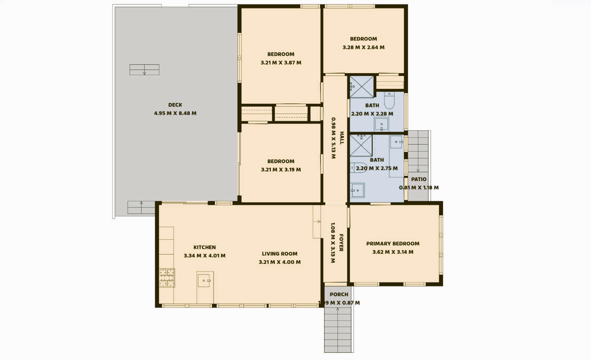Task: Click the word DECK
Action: click(175, 105)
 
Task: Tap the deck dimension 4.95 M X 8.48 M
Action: click(175, 114)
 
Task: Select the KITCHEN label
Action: click(205, 247)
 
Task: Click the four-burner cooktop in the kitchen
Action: click(167, 278)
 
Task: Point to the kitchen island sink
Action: click(205, 281)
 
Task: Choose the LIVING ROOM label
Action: click(279, 254)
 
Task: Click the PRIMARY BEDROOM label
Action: click(393, 244)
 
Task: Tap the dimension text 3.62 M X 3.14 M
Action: click(393, 252)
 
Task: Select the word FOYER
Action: click(341, 243)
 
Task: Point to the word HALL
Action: click(342, 138)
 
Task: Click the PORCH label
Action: click(339, 294)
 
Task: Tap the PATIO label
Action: click(419, 179)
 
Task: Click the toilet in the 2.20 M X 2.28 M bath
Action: click(389, 100)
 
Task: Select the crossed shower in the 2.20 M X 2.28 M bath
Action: click(362, 87)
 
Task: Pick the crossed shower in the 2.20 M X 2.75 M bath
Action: click(361, 145)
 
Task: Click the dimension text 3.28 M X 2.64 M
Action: click(363, 47)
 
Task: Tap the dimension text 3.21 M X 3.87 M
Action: click(281, 63)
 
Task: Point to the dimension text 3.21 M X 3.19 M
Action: click(281, 170)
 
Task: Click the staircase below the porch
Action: click(338, 330)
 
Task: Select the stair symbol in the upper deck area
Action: click(144, 69)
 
